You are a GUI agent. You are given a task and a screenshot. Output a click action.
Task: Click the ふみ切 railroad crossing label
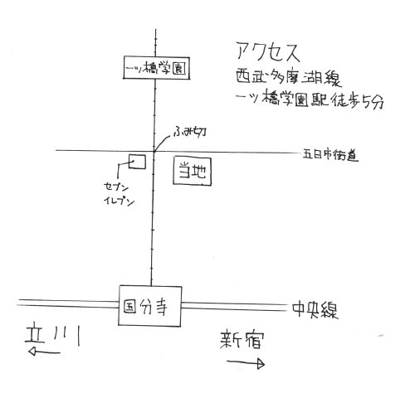(x=189, y=132)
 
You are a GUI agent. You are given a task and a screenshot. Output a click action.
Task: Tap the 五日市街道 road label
(x=330, y=155)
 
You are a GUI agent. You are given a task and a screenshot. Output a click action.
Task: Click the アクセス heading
(x=268, y=52)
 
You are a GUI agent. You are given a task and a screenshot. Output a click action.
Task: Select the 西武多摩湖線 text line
(x=289, y=77)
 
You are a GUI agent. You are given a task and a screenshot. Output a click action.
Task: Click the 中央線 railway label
(x=315, y=310)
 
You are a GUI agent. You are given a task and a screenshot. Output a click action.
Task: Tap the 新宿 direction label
(x=242, y=339)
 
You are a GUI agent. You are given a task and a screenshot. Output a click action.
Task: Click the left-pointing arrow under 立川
(x=44, y=352)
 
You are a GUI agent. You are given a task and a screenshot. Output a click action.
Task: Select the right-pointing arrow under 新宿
(x=246, y=363)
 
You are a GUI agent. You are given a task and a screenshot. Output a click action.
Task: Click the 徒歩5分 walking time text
(x=358, y=100)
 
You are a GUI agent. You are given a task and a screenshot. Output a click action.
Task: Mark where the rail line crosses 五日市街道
(x=154, y=151)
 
